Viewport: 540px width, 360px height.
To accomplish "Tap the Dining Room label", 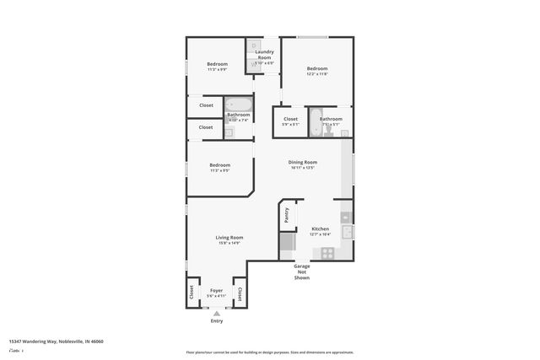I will [303, 162].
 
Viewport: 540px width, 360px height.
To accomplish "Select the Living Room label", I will [229, 237].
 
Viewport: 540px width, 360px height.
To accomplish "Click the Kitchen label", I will [320, 228].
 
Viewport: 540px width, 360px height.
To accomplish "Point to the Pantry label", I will [287, 215].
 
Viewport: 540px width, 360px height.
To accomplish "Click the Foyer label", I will [217, 290].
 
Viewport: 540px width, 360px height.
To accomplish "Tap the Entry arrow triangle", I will [217, 313].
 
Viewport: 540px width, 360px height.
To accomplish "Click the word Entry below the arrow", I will [217, 320].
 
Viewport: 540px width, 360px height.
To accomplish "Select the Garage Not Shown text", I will [302, 271].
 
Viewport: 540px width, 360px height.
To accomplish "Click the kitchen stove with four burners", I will [326, 252].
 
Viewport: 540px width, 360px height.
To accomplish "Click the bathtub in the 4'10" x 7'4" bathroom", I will [239, 105].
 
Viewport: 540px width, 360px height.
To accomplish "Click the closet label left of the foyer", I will [192, 294].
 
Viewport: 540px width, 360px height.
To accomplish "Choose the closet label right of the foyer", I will [240, 294].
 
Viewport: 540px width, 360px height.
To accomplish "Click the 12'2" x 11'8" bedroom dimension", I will [317, 74].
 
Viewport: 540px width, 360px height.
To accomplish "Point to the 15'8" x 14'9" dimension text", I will [229, 243].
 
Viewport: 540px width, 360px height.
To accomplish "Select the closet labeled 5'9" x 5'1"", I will [290, 121].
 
